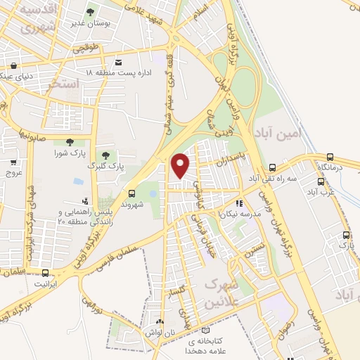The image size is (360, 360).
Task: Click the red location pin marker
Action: [x=181, y=165]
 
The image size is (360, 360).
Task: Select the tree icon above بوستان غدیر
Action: [x=90, y=12]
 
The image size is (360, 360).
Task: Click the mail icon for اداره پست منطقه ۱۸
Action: [x=118, y=62]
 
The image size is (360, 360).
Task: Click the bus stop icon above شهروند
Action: [x=131, y=193]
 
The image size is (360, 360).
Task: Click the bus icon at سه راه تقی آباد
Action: [x=272, y=168]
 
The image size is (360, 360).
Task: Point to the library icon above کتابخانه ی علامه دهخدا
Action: [x=205, y=330]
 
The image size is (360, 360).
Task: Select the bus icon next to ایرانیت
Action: [x=46, y=273]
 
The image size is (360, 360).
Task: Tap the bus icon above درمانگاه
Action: [x=330, y=157]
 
